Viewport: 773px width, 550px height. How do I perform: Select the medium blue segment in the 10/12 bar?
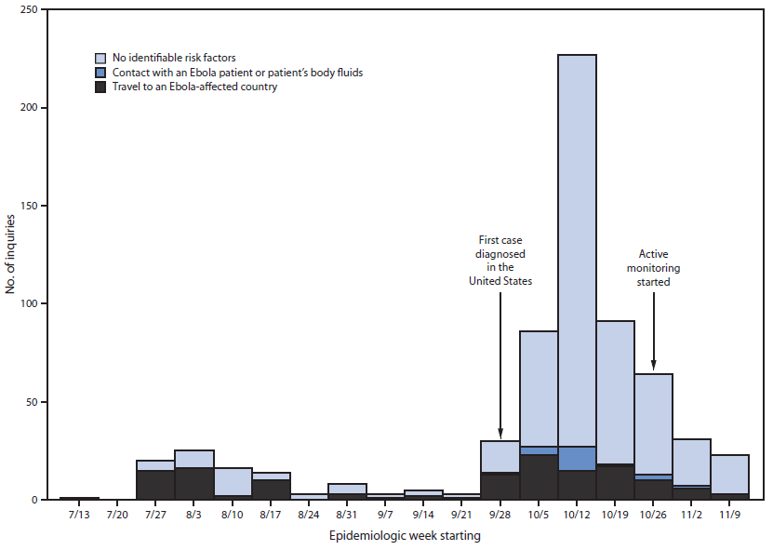click(x=577, y=459)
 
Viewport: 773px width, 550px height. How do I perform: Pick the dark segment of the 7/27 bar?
click(x=155, y=485)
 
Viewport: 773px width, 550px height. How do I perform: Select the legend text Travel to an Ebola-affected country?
click(x=194, y=87)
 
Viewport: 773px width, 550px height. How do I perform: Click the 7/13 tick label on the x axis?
click(x=79, y=514)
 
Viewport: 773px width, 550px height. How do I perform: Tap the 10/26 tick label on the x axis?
click(x=653, y=514)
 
